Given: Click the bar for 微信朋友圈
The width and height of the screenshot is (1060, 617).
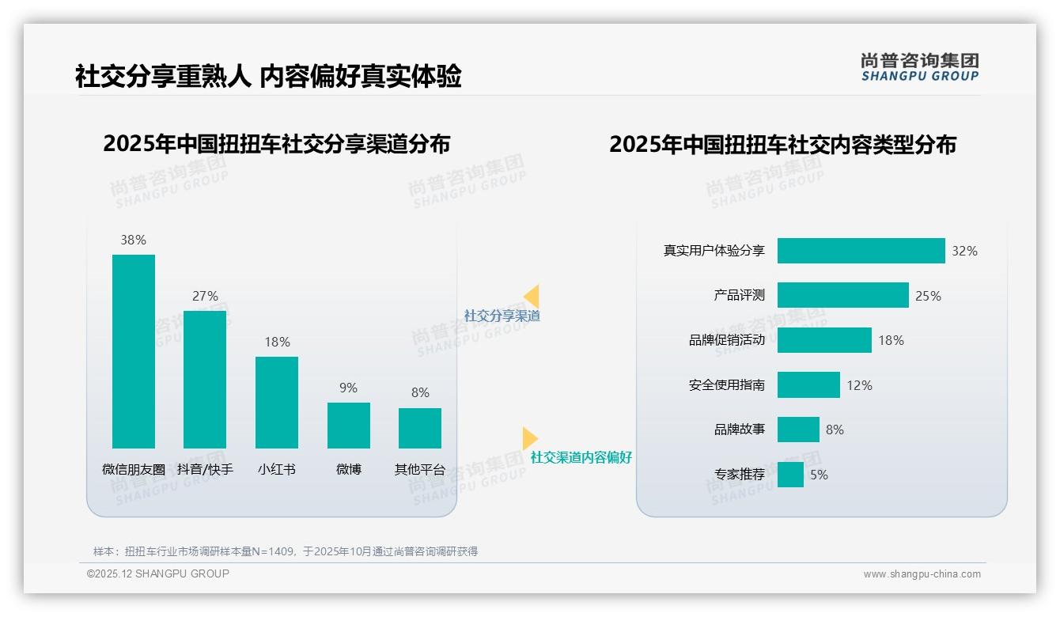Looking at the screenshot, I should pos(134,351).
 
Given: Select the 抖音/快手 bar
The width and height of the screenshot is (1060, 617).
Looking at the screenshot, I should pos(205,380).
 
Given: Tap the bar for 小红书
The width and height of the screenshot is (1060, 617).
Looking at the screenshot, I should pos(277,403).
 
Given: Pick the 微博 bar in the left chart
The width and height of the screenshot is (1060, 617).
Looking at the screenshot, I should pos(349,426).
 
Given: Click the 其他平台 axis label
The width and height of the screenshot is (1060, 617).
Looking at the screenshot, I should pos(420,469).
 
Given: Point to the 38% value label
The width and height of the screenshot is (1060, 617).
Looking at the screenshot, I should pos(134,240).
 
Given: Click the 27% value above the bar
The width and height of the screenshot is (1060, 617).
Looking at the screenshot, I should pos(205,297).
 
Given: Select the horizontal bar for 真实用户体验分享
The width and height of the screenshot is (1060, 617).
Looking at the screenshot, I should pos(861,251).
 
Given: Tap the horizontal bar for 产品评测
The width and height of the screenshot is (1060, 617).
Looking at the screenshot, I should pos(842,295).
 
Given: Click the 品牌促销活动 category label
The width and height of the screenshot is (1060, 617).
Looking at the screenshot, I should pos(727,340).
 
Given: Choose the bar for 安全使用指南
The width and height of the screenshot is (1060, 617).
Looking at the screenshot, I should pos(808,385).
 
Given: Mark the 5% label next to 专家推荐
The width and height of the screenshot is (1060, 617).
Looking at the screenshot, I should pos(819,475).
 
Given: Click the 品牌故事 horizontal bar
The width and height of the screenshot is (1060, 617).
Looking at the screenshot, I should pos(798,430).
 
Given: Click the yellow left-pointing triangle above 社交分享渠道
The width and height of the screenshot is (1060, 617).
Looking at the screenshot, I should pos(531,297).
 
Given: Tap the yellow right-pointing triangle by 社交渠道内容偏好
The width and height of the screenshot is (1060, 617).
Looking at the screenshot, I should pos(530,438).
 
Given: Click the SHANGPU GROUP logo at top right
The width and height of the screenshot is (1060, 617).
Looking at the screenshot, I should pos(920,67).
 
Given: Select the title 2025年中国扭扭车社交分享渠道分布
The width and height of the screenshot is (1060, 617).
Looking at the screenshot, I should pos(276,144).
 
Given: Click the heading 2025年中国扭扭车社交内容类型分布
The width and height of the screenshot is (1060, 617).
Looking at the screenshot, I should pos(782,145).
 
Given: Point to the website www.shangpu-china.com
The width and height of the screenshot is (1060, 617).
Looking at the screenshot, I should pos(922,574).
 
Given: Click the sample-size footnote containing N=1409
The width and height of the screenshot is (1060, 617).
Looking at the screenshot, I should pos(286,551).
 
